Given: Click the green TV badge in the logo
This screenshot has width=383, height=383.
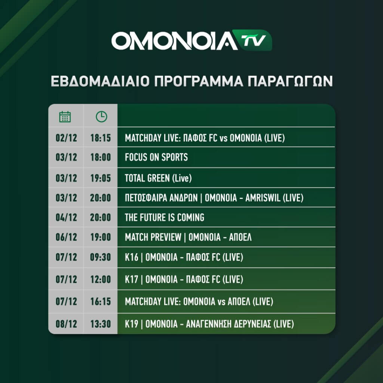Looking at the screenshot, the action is point(253,40).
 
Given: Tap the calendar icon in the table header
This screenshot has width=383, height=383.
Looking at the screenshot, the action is point(65,117).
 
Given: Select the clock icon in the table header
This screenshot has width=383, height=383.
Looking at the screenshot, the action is point(101,117).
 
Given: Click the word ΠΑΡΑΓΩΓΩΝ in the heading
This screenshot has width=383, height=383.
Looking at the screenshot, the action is point(290,81).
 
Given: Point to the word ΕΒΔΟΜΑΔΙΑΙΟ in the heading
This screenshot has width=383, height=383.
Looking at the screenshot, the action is point(100,81).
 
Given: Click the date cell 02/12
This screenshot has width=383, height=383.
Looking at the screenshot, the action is point(66,138).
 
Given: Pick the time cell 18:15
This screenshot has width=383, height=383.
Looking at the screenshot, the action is point(101,138).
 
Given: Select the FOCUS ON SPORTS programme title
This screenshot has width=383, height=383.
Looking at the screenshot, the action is point(156,157).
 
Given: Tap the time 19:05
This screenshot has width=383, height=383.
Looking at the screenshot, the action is point(101,178).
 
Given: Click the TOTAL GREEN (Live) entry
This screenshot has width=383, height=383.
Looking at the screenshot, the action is point(158,178).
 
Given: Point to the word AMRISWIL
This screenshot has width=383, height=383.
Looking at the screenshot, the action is point(263,198).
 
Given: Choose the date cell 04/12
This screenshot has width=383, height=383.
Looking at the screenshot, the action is point(66,217).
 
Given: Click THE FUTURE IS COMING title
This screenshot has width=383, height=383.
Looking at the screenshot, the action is point(165,217).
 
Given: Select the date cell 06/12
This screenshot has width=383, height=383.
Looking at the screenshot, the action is point(66,237).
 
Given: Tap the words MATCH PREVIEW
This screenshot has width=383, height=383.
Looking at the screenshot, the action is point(153,237).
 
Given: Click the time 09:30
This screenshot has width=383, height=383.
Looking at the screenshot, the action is point(101,257).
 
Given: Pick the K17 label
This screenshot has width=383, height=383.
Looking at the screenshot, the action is point(131,279).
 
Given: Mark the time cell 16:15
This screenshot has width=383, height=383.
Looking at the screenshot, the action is point(101,301).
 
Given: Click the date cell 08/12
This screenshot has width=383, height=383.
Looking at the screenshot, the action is point(66,324).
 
